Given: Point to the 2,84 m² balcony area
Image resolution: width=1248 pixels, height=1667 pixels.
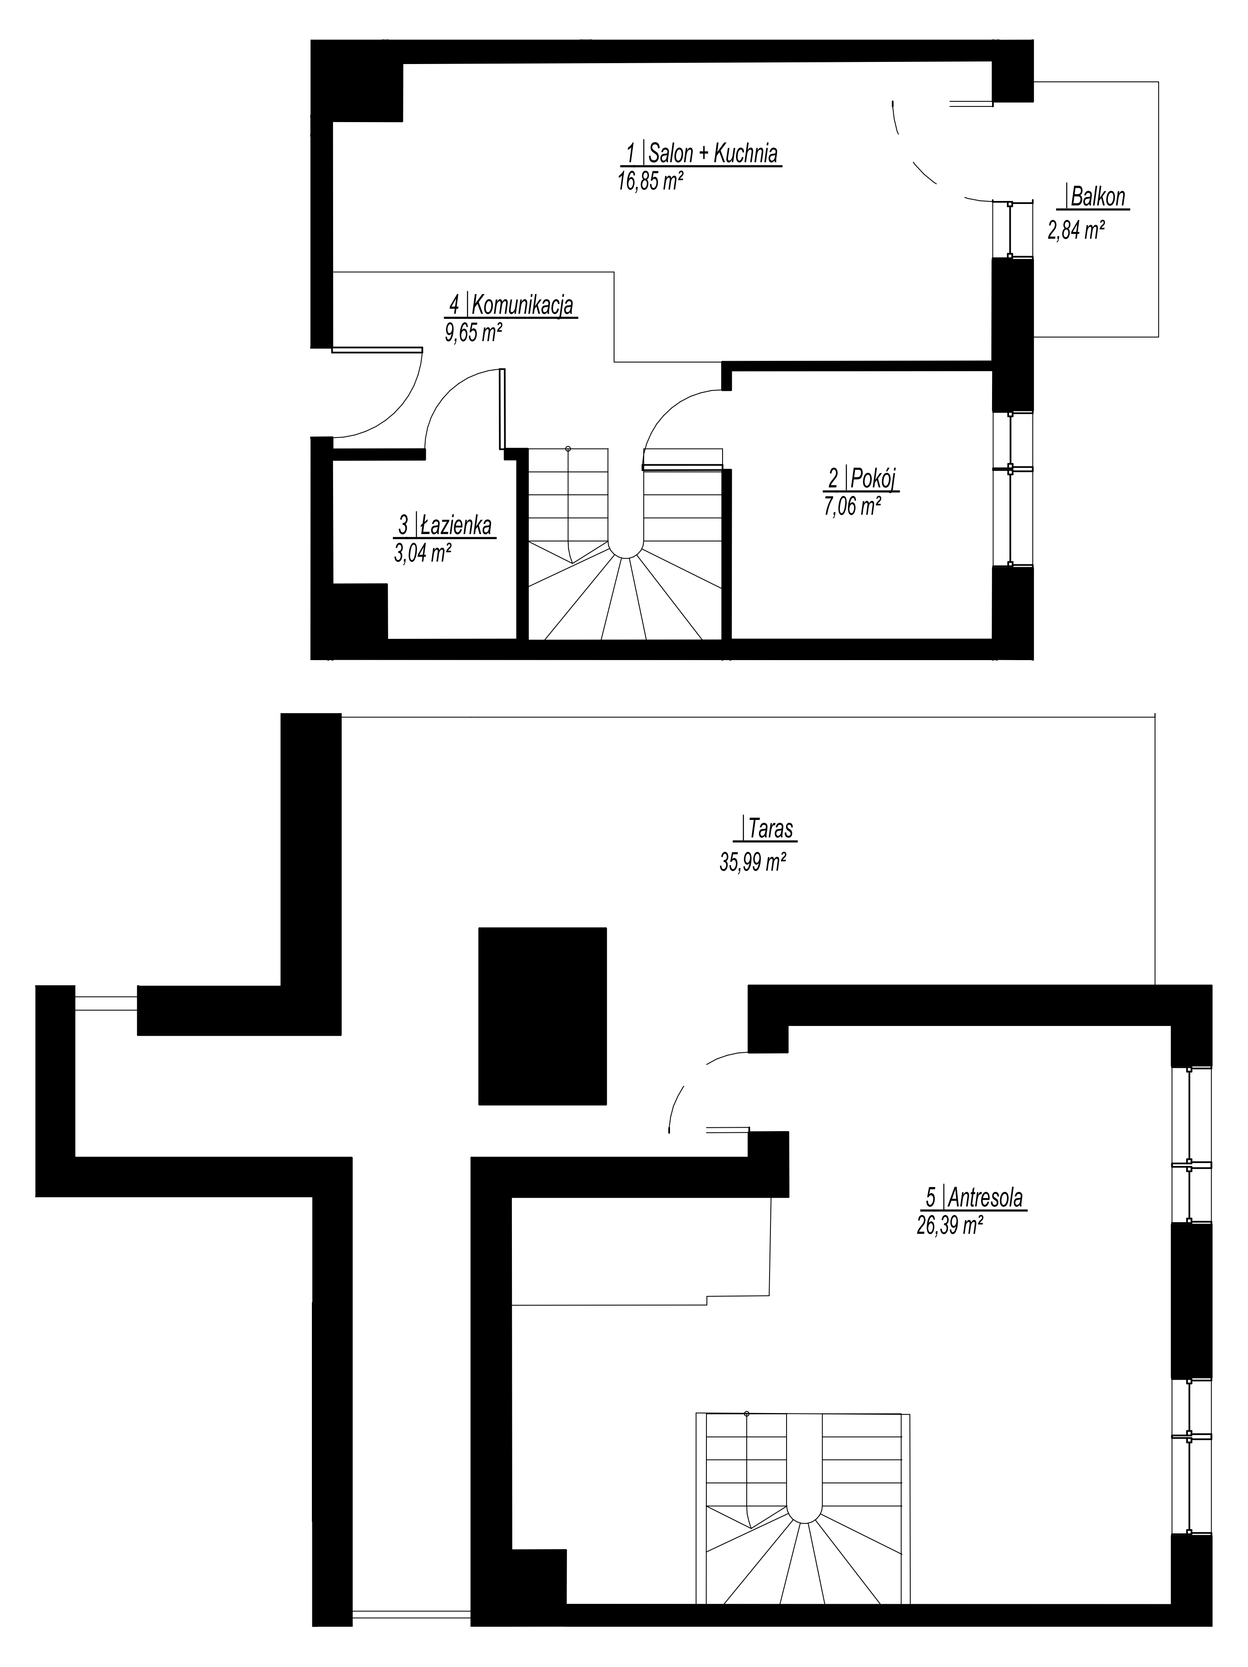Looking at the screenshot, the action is point(1076,229).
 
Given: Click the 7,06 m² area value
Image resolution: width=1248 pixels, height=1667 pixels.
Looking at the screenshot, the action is point(853,507).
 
